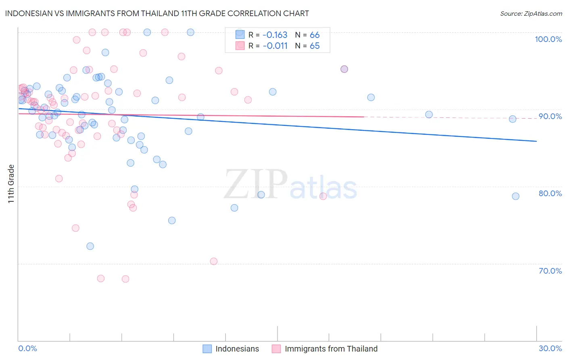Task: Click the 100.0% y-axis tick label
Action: pos(548,39)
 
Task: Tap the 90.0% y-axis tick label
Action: pos(550,116)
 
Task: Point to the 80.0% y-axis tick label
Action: pos(550,193)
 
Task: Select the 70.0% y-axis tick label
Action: pos(550,271)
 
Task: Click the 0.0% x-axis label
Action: pos(27,348)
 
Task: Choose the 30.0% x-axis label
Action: pos(550,348)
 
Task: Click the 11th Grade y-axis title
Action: pos(11,184)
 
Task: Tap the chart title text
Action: pos(157,13)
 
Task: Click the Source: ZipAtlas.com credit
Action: pos(531,13)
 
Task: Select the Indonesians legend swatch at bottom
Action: pos(207,349)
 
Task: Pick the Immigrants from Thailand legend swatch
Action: pos(276,349)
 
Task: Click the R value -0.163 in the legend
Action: pos(275,35)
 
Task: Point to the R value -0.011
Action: pos(275,46)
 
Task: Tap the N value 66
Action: pos(315,35)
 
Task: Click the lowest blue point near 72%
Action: pos(90,246)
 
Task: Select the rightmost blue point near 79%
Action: pos(515,196)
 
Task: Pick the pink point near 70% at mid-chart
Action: pos(214,261)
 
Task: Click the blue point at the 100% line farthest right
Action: pos(190,32)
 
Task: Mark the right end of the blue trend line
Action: pos(536,141)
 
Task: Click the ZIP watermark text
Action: pos(255,184)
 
